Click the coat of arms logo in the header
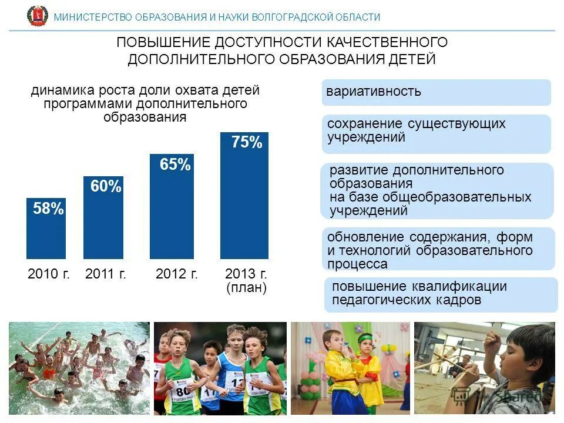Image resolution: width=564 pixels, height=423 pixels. [x=38, y=16]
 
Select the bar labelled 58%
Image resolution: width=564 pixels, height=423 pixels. [x=46, y=229]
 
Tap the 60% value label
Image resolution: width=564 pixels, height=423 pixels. [x=106, y=187]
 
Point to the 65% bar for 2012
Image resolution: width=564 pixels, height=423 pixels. [x=172, y=211]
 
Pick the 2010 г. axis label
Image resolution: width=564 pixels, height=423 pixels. [x=49, y=274]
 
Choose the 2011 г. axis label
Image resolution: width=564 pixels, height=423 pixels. [x=106, y=274]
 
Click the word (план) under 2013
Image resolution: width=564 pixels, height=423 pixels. [x=247, y=288]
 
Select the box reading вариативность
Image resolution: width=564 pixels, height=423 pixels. [x=436, y=92]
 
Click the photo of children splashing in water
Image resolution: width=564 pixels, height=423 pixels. [x=79, y=368]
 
